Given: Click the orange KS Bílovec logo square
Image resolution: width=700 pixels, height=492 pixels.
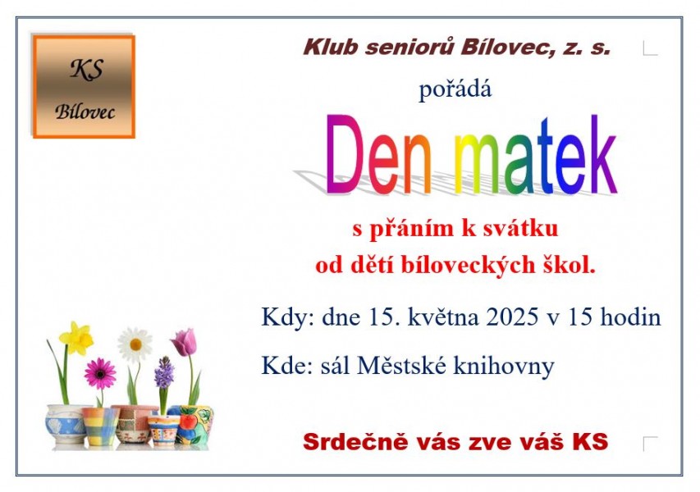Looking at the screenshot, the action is pos(84,87).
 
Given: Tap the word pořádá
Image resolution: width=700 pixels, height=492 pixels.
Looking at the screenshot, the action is pos(455,89).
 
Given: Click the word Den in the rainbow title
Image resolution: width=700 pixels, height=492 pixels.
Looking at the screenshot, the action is pos(379,155).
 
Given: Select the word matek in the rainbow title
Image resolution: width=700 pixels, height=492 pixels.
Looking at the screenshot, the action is pos(536,155).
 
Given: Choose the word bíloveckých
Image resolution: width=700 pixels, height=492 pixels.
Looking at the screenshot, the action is pos(468,265).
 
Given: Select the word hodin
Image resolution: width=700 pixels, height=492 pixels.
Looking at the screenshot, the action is pos(630,317).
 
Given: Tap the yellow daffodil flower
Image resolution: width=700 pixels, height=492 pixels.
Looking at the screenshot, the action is pos(77,338).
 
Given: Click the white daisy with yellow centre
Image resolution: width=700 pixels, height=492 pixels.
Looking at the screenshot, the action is pos(135,344).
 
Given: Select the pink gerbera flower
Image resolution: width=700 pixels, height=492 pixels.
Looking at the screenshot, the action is pos(100,373).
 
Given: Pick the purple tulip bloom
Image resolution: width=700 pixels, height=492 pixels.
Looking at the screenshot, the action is pos(185,342).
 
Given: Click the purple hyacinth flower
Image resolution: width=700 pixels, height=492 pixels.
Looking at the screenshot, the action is pos(164,373).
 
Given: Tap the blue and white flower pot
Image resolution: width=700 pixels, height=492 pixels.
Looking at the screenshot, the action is pos(65,424).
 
